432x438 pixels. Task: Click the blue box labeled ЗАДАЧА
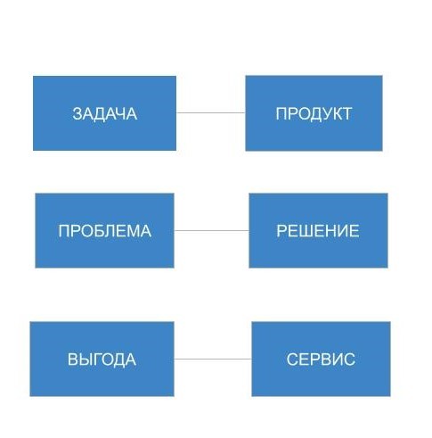(x=104, y=113)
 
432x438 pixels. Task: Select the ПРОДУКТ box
(x=314, y=113)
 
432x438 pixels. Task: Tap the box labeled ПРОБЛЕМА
(x=104, y=231)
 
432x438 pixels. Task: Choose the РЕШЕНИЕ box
(x=318, y=231)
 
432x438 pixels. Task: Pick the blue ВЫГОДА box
(x=102, y=359)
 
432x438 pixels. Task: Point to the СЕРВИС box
(x=321, y=359)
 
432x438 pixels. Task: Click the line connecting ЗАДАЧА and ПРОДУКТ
(x=211, y=113)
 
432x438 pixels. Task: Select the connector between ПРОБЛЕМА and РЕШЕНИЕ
(x=211, y=230)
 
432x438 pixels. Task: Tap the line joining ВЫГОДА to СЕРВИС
(x=213, y=359)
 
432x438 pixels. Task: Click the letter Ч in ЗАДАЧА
(x=121, y=113)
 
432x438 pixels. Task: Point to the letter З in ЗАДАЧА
(x=77, y=113)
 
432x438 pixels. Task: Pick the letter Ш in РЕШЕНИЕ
(x=305, y=231)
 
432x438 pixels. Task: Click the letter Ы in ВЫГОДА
(x=85, y=359)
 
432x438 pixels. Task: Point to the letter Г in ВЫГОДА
(x=95, y=359)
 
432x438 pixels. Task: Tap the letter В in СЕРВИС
(x=323, y=359)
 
